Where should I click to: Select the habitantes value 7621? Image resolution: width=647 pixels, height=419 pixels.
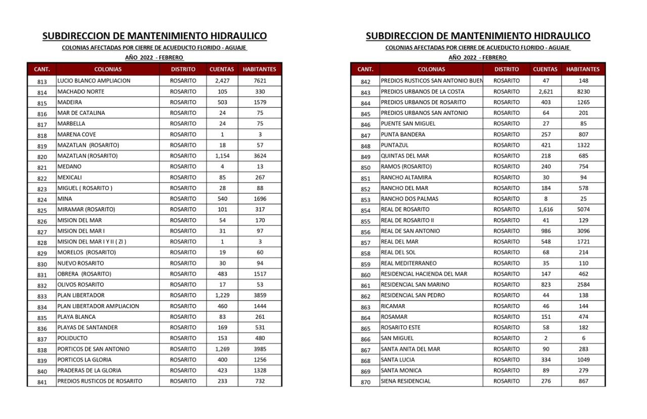point(260,81)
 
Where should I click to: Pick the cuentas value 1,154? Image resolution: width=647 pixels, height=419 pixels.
point(222,156)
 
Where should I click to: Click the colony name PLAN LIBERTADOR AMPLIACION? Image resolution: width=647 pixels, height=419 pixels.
point(98,306)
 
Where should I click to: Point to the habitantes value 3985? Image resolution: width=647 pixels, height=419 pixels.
point(260,349)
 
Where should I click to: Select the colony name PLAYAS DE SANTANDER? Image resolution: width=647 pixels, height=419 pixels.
point(87,327)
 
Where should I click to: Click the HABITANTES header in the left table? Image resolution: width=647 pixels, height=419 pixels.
point(260,69)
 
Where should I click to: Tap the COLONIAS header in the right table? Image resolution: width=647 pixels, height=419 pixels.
point(431,69)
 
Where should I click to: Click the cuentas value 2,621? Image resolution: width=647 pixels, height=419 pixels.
point(545,92)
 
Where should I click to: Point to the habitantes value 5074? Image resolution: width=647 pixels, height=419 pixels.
point(583,209)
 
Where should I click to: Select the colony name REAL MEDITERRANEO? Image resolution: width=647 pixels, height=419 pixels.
point(408,263)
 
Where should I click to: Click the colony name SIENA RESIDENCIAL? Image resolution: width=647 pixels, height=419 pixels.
point(405,381)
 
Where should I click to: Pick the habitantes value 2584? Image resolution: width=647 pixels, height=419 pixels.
point(583,284)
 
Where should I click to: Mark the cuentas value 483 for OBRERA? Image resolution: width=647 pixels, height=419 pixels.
point(222,274)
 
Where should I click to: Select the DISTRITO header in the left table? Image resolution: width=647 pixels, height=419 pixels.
point(183,69)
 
